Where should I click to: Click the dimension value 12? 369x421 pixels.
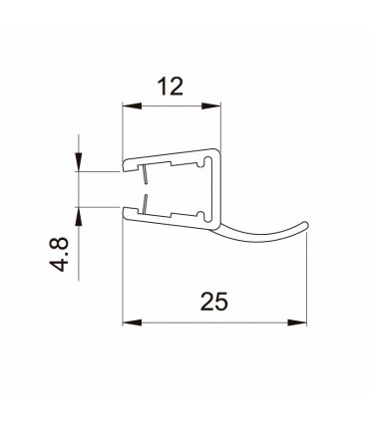pyautogui.click(x=171, y=87)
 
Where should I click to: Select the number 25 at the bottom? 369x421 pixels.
pyautogui.click(x=214, y=302)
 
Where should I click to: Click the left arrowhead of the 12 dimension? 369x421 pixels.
pyautogui.click(x=133, y=106)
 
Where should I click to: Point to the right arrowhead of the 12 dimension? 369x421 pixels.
pyautogui.click(x=211, y=106)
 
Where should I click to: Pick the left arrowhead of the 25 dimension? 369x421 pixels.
pyautogui.click(x=133, y=322)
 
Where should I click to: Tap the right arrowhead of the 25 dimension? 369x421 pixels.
pyautogui.click(x=297, y=322)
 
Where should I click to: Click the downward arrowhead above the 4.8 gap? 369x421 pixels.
pyautogui.click(x=79, y=162)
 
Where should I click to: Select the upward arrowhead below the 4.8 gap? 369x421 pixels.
pyautogui.click(x=79, y=217)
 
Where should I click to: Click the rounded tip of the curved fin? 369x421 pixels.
pyautogui.click(x=306, y=224)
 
